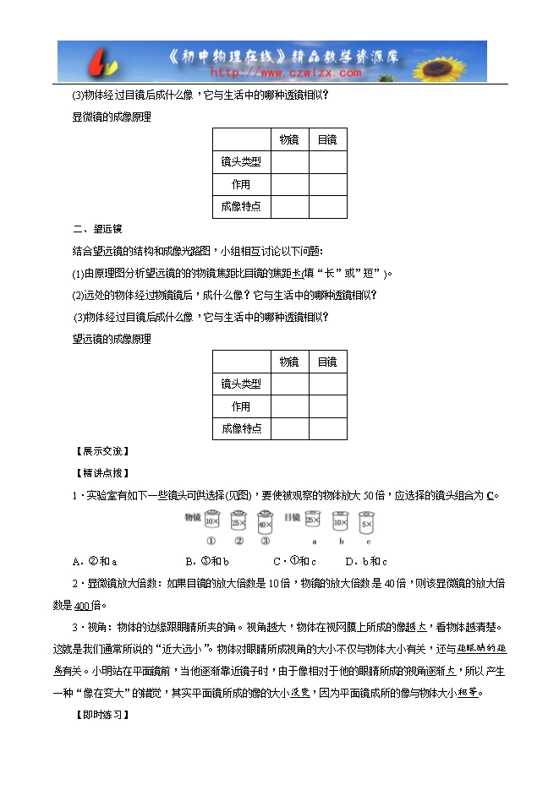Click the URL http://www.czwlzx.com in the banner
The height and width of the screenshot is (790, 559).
pyautogui.click(x=276, y=73)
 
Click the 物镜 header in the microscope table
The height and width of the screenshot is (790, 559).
pyautogui.click(x=288, y=140)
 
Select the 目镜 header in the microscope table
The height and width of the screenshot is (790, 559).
pyautogui.click(x=327, y=140)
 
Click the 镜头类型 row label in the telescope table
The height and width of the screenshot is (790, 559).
pyautogui.click(x=241, y=384)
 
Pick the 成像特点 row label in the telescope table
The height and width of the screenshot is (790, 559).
pyautogui.click(x=241, y=428)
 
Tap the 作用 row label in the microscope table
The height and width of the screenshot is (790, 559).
pyautogui.click(x=241, y=184)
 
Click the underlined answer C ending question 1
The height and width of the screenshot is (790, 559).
pyautogui.click(x=490, y=495)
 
